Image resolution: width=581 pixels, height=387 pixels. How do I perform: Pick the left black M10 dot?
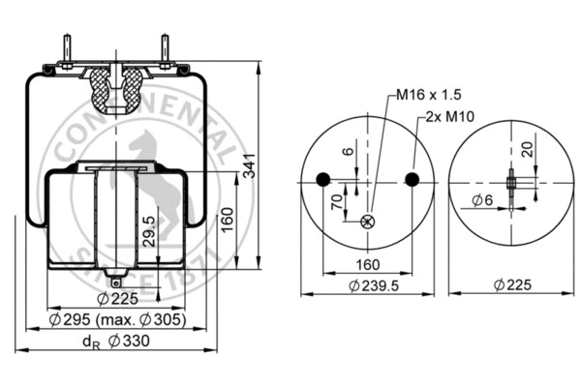(x=322, y=178)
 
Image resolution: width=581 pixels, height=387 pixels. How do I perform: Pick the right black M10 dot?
(x=412, y=178)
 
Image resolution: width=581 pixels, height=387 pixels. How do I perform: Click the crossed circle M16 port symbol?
(x=367, y=222)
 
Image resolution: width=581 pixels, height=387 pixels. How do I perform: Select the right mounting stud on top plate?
(x=165, y=47)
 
